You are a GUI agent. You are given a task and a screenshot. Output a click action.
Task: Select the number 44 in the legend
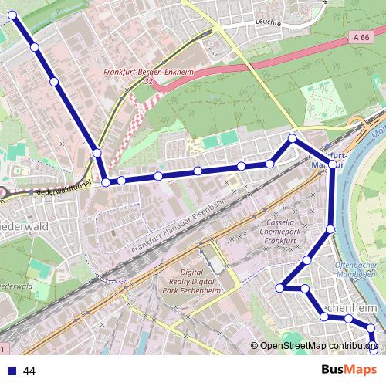(x=29, y=371)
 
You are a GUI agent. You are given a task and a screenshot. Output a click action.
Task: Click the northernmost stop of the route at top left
(x=12, y=15)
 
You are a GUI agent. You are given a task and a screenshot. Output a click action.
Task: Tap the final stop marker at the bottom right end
(x=374, y=350)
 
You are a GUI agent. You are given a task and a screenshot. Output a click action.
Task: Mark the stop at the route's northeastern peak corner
(x=292, y=139)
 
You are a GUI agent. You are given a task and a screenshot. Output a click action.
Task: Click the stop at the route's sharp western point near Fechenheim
(x=280, y=288)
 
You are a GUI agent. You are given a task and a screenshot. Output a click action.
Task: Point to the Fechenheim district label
(x=352, y=308)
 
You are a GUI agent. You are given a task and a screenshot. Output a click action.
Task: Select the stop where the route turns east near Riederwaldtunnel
(x=107, y=182)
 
